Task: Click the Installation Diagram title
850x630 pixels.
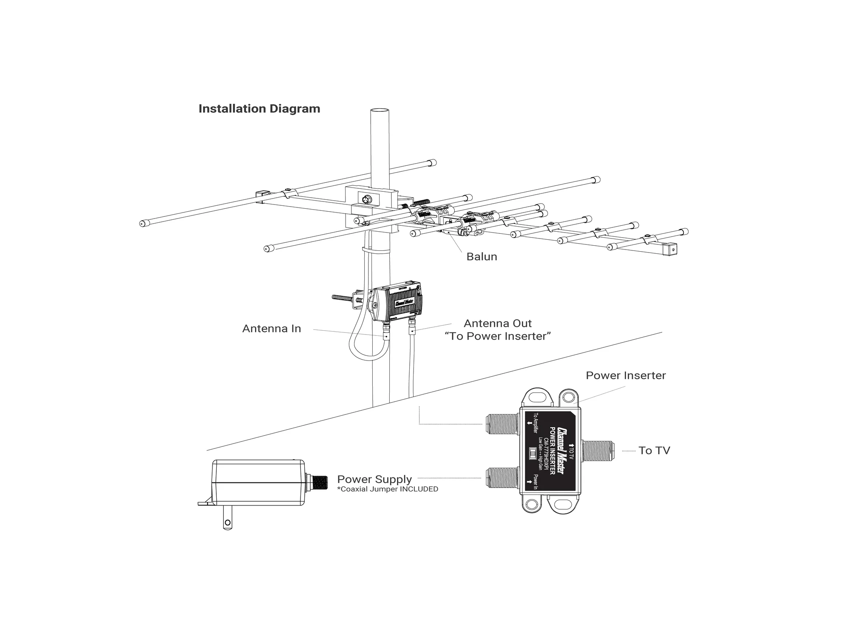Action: coord(259,109)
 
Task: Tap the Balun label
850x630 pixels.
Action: coord(482,257)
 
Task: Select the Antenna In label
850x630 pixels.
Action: coord(271,329)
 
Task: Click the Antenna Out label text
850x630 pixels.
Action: coord(497,324)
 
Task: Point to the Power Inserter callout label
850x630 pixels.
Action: coord(625,376)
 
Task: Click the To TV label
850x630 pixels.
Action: coord(654,451)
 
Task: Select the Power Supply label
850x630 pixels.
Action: coord(374,480)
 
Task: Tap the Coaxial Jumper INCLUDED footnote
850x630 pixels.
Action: coord(387,489)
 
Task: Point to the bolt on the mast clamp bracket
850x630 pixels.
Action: coord(366,199)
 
